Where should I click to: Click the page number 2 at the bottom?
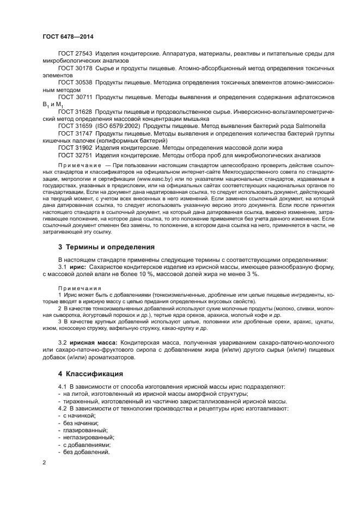point(44,462)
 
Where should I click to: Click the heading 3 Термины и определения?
point(102,247)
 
